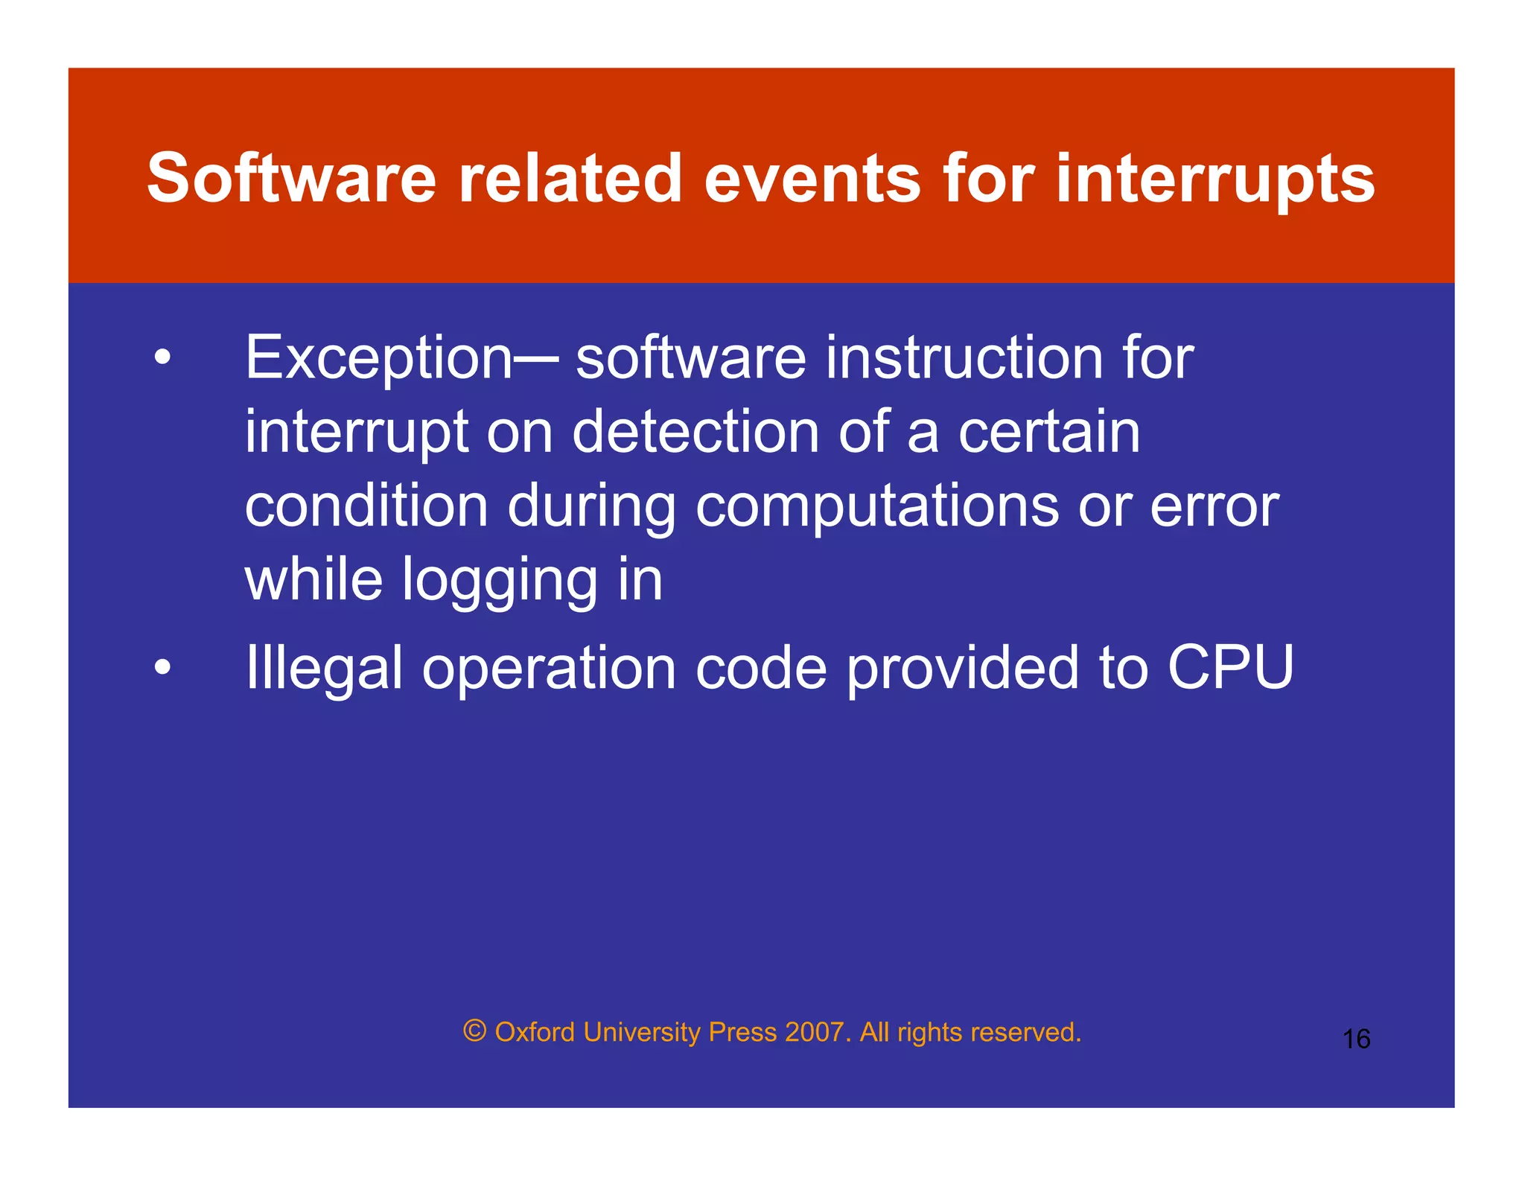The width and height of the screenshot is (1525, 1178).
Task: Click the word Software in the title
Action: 291,178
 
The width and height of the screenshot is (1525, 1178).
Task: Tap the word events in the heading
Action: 812,178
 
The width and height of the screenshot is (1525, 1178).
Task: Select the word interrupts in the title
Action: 1215,179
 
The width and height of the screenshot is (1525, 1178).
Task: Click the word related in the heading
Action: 570,178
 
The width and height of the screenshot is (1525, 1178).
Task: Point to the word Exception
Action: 379,359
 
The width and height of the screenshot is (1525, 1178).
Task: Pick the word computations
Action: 877,508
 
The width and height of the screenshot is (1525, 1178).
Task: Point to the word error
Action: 1214,508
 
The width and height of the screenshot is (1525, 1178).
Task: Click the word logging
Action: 500,582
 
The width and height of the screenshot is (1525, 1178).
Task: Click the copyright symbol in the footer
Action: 474,1031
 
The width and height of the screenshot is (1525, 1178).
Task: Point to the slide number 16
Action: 1356,1039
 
